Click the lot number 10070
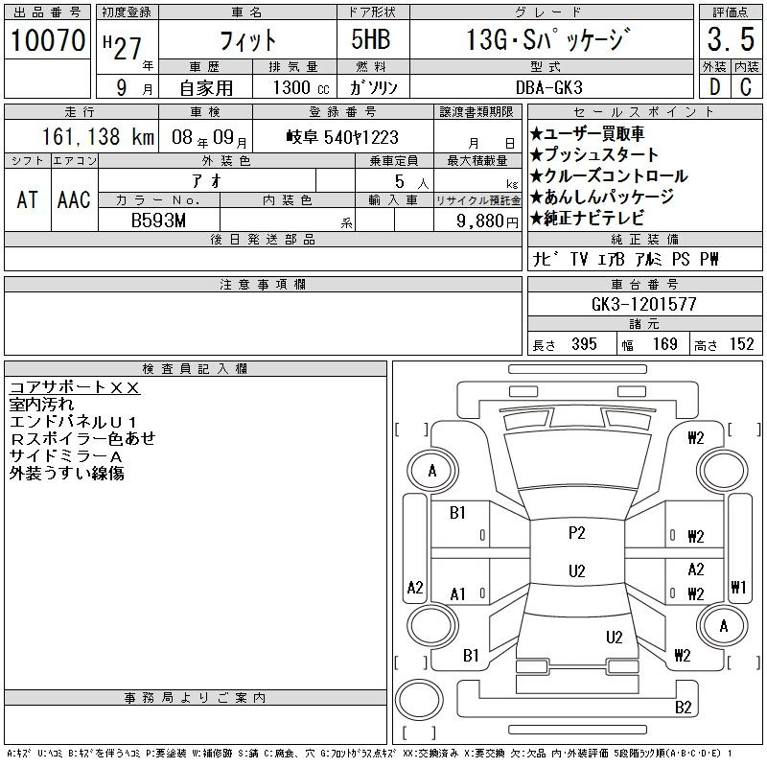point(48,39)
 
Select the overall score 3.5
point(731,38)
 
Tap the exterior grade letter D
point(714,87)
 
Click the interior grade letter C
point(746,87)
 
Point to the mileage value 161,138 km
point(98,136)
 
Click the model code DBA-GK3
point(548,87)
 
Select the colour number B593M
point(158,221)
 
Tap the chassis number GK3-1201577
point(643,304)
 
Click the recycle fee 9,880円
point(487,221)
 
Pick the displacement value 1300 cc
point(301,87)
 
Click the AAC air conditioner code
point(74,199)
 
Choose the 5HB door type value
point(371,39)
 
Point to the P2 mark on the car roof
point(577,533)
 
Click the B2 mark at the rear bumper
point(683,708)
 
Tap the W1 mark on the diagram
point(738,587)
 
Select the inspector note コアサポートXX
point(75,387)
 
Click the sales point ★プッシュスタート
point(594,154)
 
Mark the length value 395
point(584,344)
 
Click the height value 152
point(741,344)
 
